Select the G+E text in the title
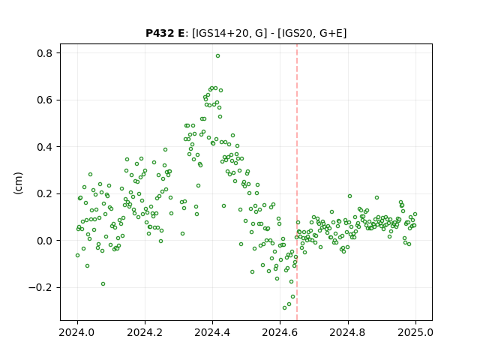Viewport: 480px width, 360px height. coord(331,33)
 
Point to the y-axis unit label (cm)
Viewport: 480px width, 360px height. coord(18,183)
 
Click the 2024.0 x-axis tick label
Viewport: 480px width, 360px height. coord(77,332)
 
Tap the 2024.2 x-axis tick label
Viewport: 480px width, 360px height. coord(145,332)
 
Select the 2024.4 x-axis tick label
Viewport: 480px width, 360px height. coord(212,332)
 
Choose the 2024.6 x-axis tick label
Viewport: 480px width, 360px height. coord(280,332)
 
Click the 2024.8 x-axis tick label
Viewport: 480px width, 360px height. coord(347,332)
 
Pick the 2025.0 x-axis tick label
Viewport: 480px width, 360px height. coord(415,332)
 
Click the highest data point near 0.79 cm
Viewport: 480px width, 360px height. coord(217,56)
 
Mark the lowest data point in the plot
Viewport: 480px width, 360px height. coord(285,307)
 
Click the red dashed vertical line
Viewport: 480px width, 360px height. coord(297,182)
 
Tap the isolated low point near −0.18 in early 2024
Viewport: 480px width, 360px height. coord(103,283)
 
